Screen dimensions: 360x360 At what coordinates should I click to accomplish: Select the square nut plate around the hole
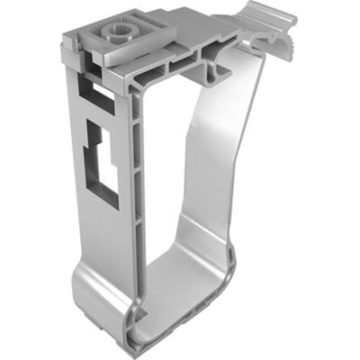point(126,47)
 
